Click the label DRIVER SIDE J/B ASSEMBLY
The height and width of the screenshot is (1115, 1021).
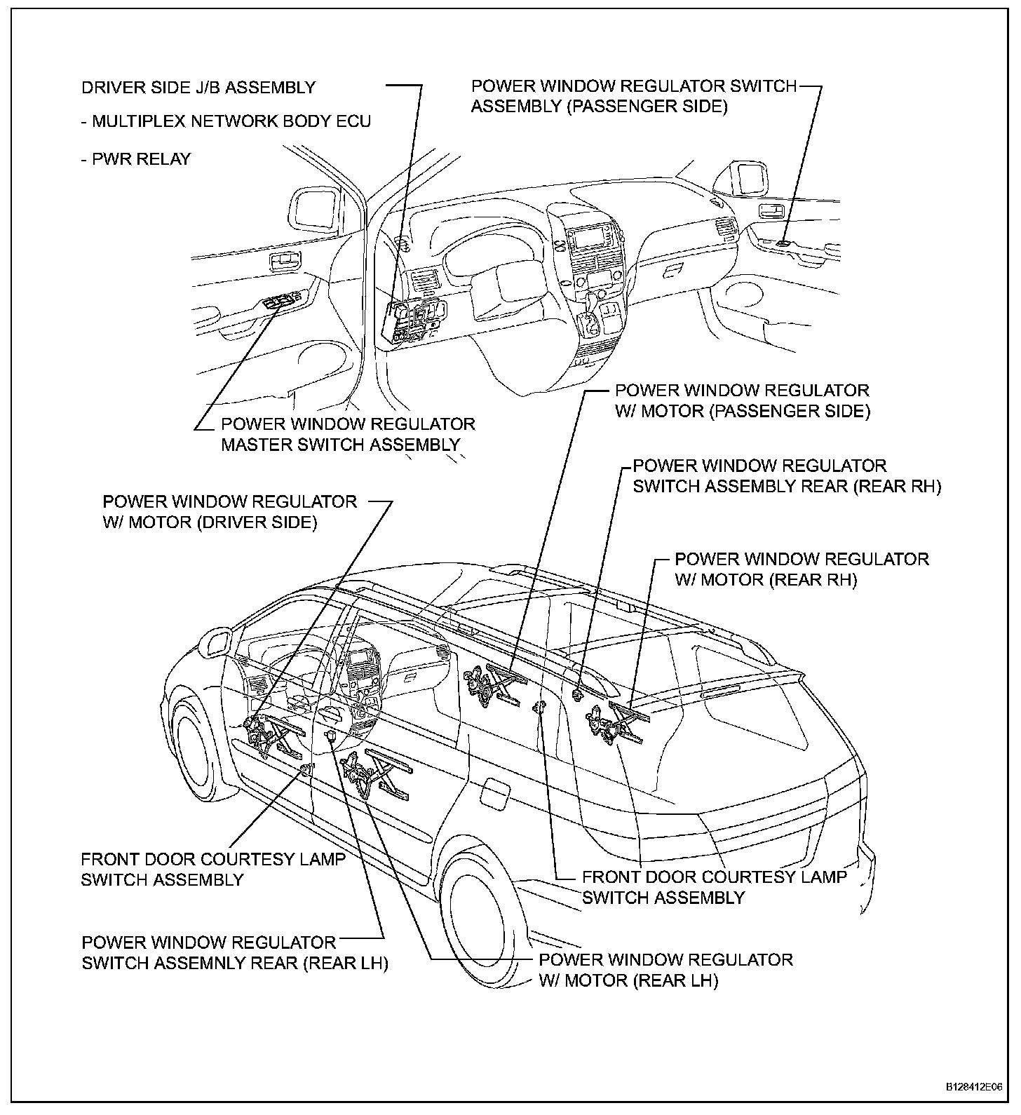coord(198,88)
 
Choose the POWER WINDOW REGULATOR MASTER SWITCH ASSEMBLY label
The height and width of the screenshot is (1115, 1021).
coord(348,434)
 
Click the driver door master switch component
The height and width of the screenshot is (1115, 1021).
coord(281,302)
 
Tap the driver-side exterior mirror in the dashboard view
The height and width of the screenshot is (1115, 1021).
coord(313,208)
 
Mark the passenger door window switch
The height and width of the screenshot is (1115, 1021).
coord(783,243)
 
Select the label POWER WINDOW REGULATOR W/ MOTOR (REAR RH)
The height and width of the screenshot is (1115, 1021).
coord(802,569)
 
